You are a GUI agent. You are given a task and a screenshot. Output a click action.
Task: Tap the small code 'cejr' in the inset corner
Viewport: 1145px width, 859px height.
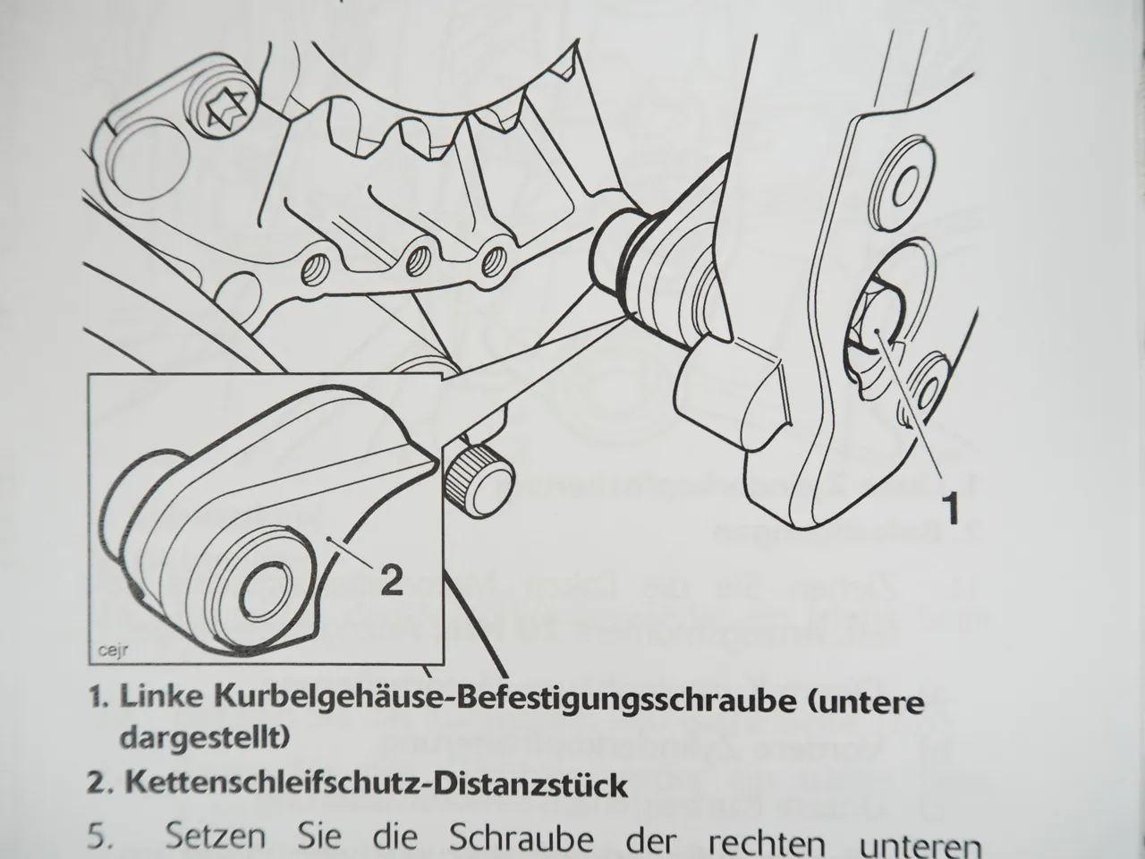[x=111, y=651]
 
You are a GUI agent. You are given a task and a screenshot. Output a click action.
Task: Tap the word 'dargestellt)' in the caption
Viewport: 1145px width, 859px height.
[x=203, y=737]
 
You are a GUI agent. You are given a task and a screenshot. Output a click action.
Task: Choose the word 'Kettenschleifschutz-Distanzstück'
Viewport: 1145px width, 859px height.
[x=376, y=785]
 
